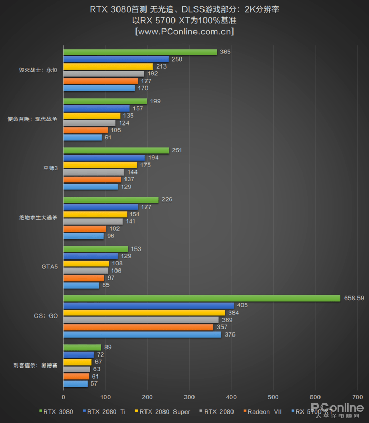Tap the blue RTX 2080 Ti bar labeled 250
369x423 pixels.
(116, 59)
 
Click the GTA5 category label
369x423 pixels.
(50, 267)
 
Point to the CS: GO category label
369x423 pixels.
(46, 316)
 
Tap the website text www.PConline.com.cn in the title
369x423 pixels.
(184, 32)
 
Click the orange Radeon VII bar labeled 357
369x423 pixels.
(138, 327)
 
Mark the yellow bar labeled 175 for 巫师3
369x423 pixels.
(100, 165)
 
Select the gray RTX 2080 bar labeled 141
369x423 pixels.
(93, 222)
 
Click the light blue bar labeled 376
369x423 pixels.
(142, 334)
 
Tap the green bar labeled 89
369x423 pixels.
(82, 347)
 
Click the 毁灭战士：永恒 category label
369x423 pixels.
(38, 70)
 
